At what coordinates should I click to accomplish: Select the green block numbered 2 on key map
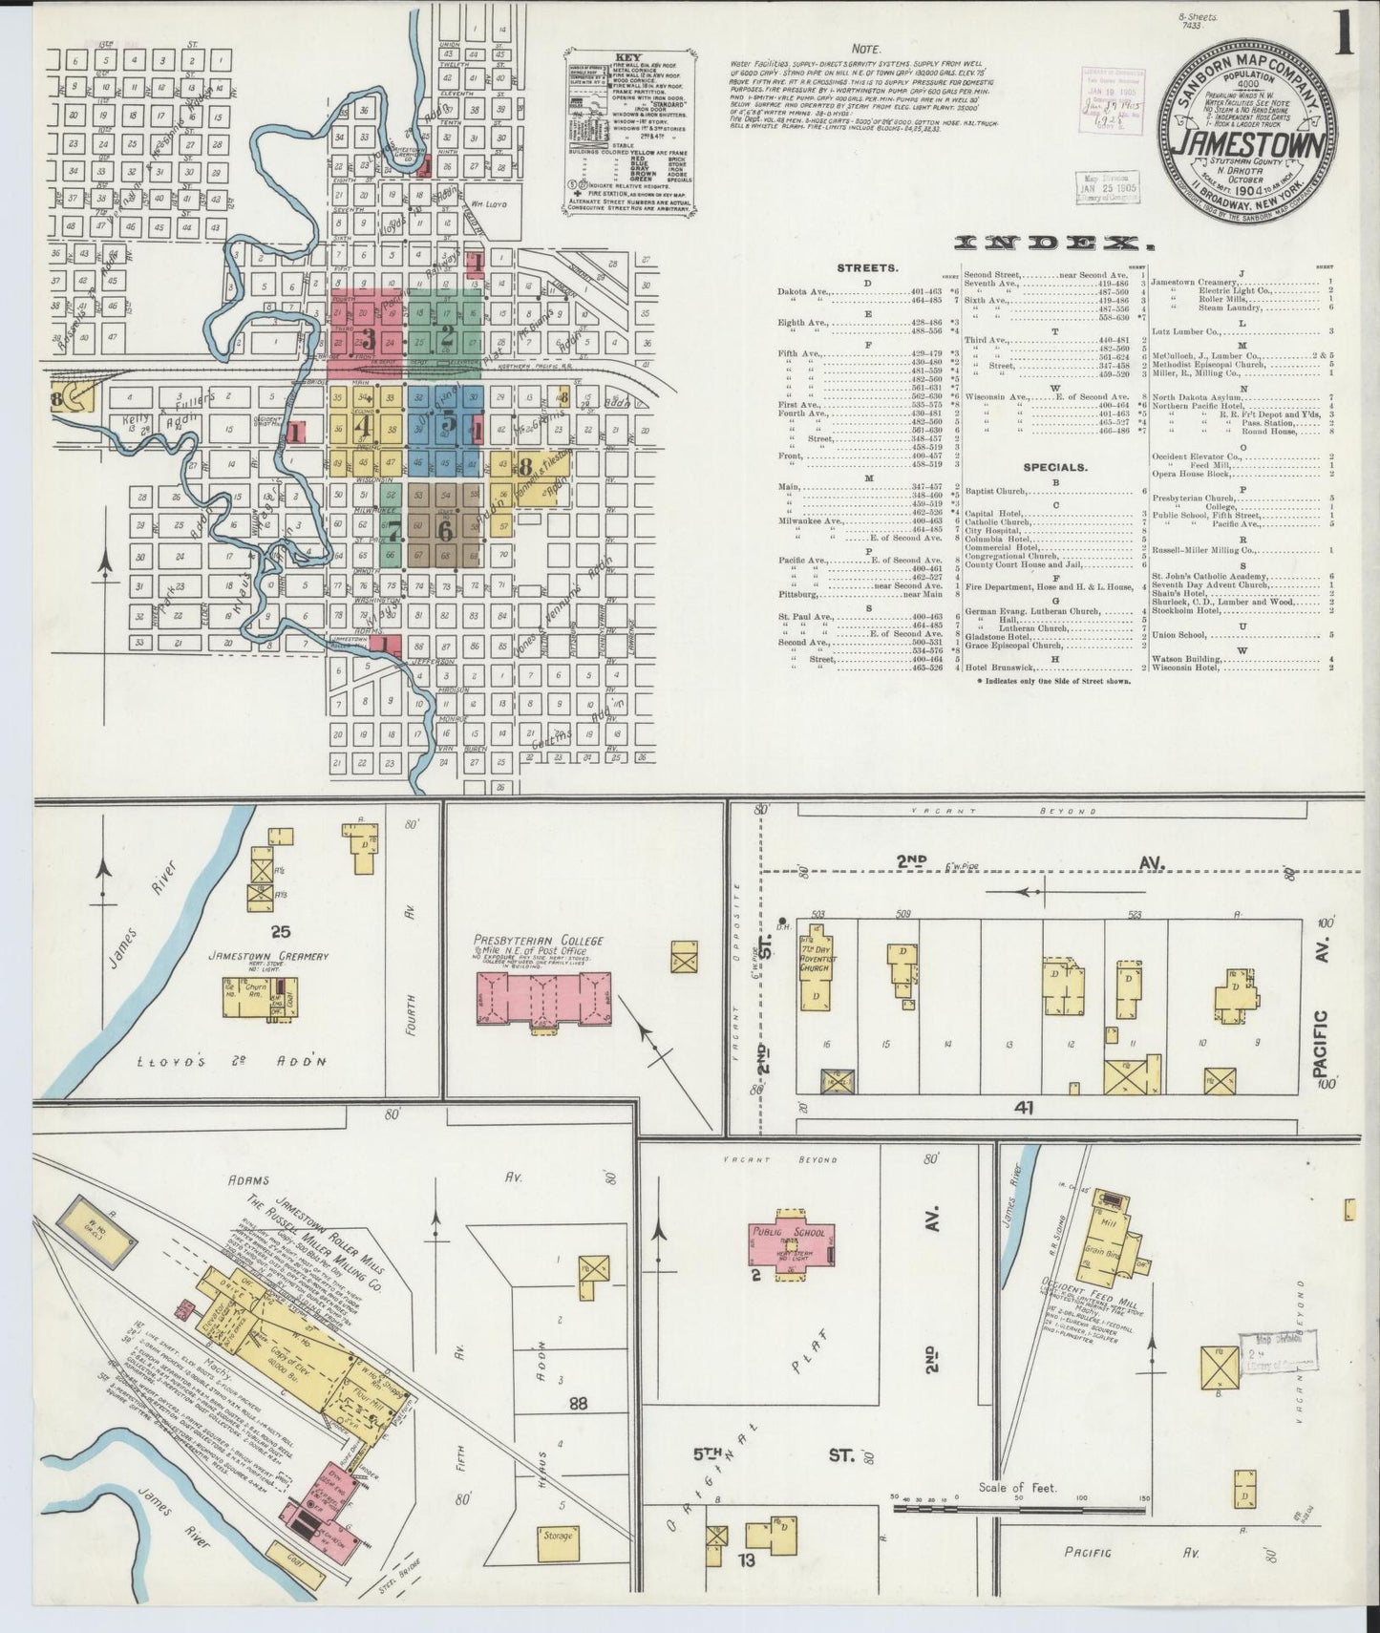[445, 335]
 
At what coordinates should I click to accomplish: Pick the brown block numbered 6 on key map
[444, 527]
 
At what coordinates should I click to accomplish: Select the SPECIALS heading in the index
[1055, 468]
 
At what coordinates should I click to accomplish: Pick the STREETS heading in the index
[866, 268]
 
